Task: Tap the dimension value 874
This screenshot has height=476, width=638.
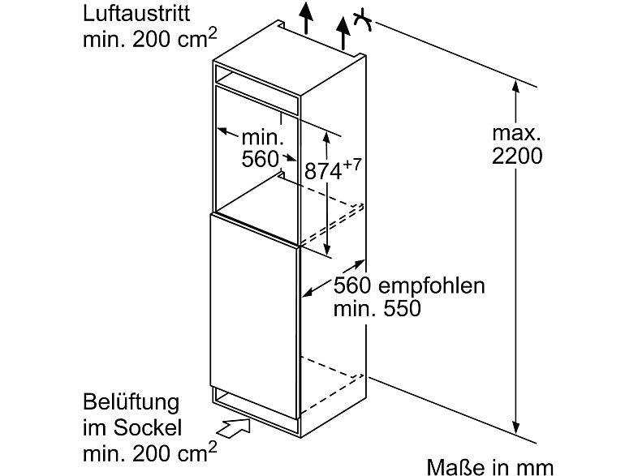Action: [x=322, y=173]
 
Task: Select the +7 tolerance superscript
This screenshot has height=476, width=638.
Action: [x=350, y=165]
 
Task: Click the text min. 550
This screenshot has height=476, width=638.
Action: [x=377, y=309]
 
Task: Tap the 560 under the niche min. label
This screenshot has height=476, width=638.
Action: [x=261, y=160]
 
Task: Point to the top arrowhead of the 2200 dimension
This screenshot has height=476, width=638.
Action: [x=515, y=84]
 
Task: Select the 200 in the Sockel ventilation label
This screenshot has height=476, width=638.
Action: [x=153, y=450]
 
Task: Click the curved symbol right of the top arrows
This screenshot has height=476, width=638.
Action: [x=363, y=20]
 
